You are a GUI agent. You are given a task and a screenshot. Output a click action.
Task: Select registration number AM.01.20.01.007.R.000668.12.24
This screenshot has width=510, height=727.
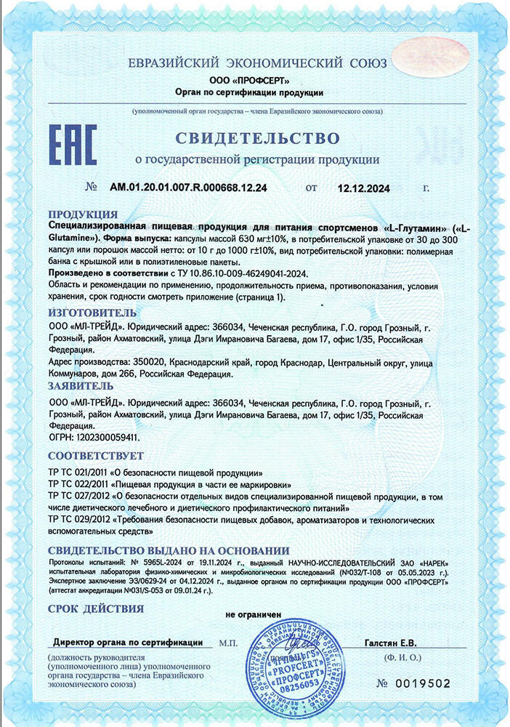[x=188, y=188]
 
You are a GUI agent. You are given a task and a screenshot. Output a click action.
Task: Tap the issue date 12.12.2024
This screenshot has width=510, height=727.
[x=363, y=188]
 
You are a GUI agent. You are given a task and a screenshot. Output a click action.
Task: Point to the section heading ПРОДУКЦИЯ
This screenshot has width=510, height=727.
[x=82, y=214]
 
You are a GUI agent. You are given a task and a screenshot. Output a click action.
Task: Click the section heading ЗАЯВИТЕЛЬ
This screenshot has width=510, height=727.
[x=80, y=385]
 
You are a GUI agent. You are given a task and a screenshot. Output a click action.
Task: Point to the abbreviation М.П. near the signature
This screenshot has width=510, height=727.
[x=227, y=643]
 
